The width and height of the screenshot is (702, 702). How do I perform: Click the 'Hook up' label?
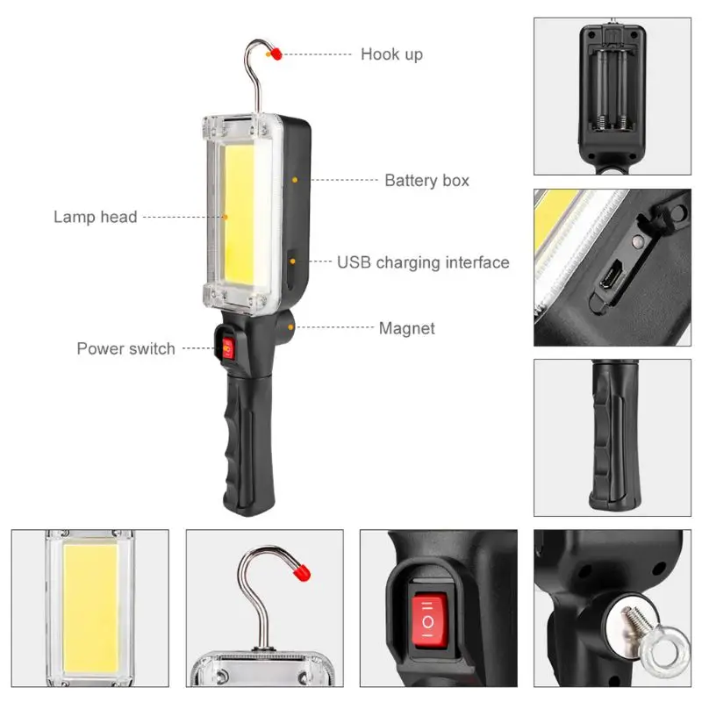[x=391, y=54]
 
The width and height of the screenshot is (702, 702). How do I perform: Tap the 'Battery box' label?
[x=426, y=181]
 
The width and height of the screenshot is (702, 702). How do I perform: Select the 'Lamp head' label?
[x=95, y=216]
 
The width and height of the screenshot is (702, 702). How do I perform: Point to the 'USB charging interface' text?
[x=423, y=262]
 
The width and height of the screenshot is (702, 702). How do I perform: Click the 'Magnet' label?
[x=406, y=329]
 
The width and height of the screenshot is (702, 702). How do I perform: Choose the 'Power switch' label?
[x=125, y=348]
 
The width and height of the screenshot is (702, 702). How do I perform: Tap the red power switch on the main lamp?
[x=230, y=349]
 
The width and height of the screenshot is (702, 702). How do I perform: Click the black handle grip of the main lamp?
[x=238, y=439]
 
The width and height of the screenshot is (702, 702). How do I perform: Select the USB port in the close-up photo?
[x=609, y=280]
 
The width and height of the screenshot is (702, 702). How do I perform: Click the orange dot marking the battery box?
[x=295, y=180]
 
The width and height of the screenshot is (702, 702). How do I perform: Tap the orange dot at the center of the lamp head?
[x=225, y=216]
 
